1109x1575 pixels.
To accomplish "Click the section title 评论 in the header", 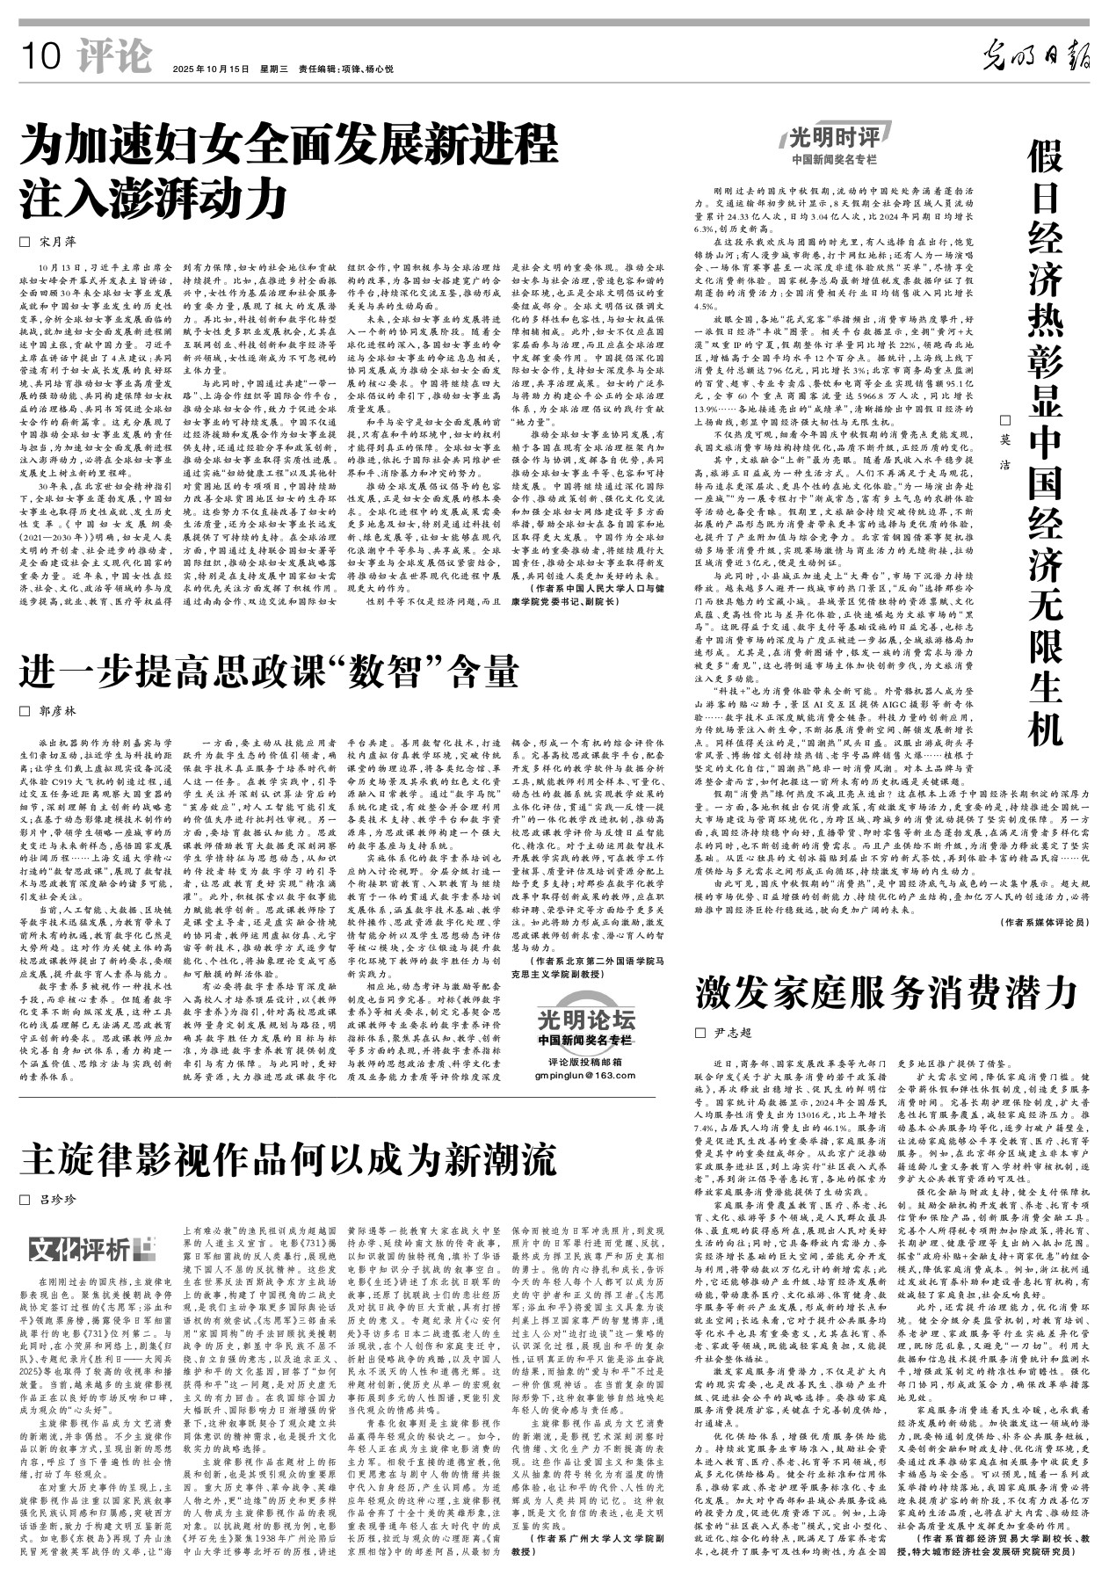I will pos(113,58).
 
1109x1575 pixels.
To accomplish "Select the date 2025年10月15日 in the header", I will pos(211,69).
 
